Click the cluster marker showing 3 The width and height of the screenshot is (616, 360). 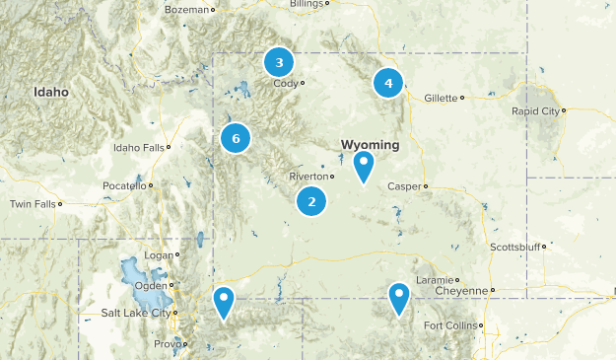pyautogui.click(x=279, y=63)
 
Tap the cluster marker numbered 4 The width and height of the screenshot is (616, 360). pyautogui.click(x=388, y=83)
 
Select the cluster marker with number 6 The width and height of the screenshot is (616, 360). pyautogui.click(x=236, y=139)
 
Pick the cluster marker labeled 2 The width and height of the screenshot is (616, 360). pyautogui.click(x=311, y=202)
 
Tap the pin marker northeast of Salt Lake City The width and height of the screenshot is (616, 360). pyautogui.click(x=225, y=303)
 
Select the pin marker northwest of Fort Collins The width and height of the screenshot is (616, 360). pyautogui.click(x=398, y=298)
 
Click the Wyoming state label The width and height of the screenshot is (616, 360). pyautogui.click(x=370, y=145)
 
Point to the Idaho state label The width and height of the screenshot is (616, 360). pyautogui.click(x=51, y=92)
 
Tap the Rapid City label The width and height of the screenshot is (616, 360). pyautogui.click(x=534, y=111)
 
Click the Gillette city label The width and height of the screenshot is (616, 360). pyautogui.click(x=441, y=98)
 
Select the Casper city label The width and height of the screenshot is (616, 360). pyautogui.click(x=404, y=185)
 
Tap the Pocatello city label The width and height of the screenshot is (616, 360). pyautogui.click(x=124, y=185)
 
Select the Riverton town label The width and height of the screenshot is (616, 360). pyautogui.click(x=308, y=177)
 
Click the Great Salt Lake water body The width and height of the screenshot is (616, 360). pyautogui.click(x=130, y=271)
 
